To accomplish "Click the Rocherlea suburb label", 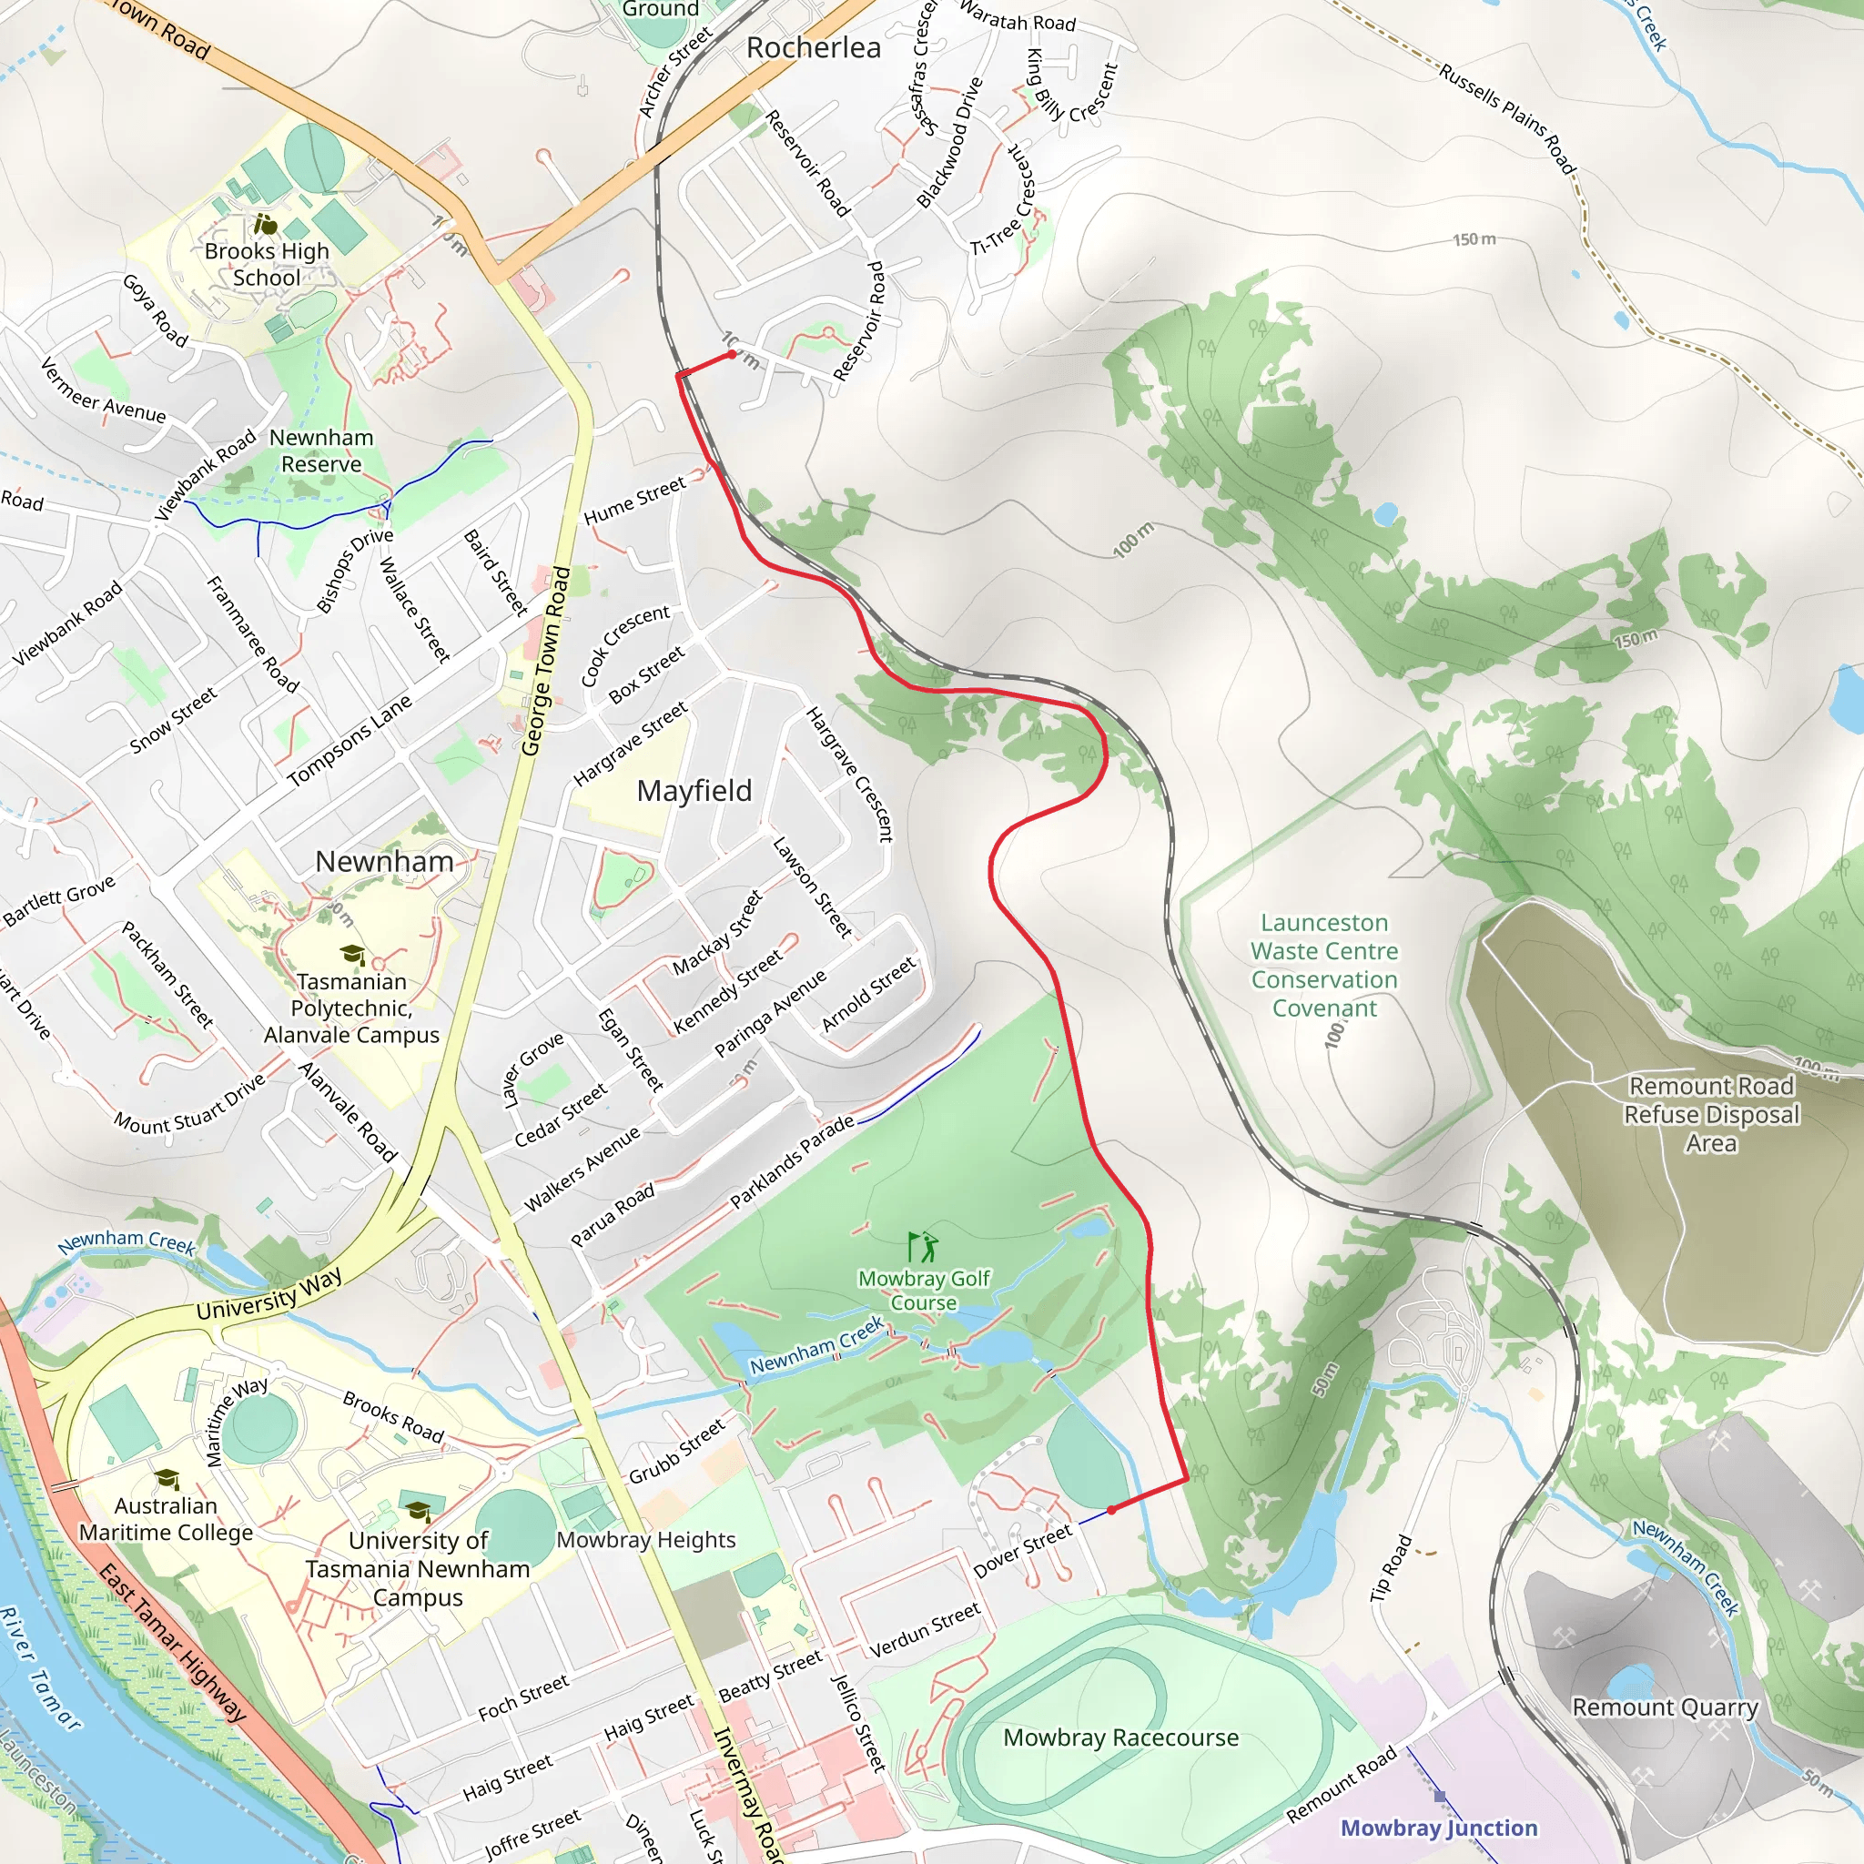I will pos(814,47).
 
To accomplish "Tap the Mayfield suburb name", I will pos(694,791).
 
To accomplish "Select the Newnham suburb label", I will pos(384,862).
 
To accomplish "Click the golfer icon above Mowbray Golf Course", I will pos(923,1247).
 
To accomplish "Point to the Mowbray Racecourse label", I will pos(1120,1737).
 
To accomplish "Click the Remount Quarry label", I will pos(1666,1707).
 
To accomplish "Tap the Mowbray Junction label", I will pos(1439,1829).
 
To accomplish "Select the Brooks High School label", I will pos(267,264).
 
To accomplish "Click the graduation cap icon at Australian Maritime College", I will pos(167,1479).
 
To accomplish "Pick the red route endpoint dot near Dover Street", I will pos(1111,1510).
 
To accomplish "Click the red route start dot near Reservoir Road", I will pos(733,354).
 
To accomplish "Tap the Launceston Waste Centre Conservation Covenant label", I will pos(1323,965).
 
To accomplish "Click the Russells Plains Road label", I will pos(1507,117).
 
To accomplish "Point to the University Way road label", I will pos(268,1296).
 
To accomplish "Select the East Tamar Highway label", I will pos(174,1642).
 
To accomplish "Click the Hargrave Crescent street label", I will pos(850,775).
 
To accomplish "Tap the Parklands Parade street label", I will pos(791,1161).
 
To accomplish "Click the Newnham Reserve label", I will pos(320,451).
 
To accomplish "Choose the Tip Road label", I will pos(1392,1569).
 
